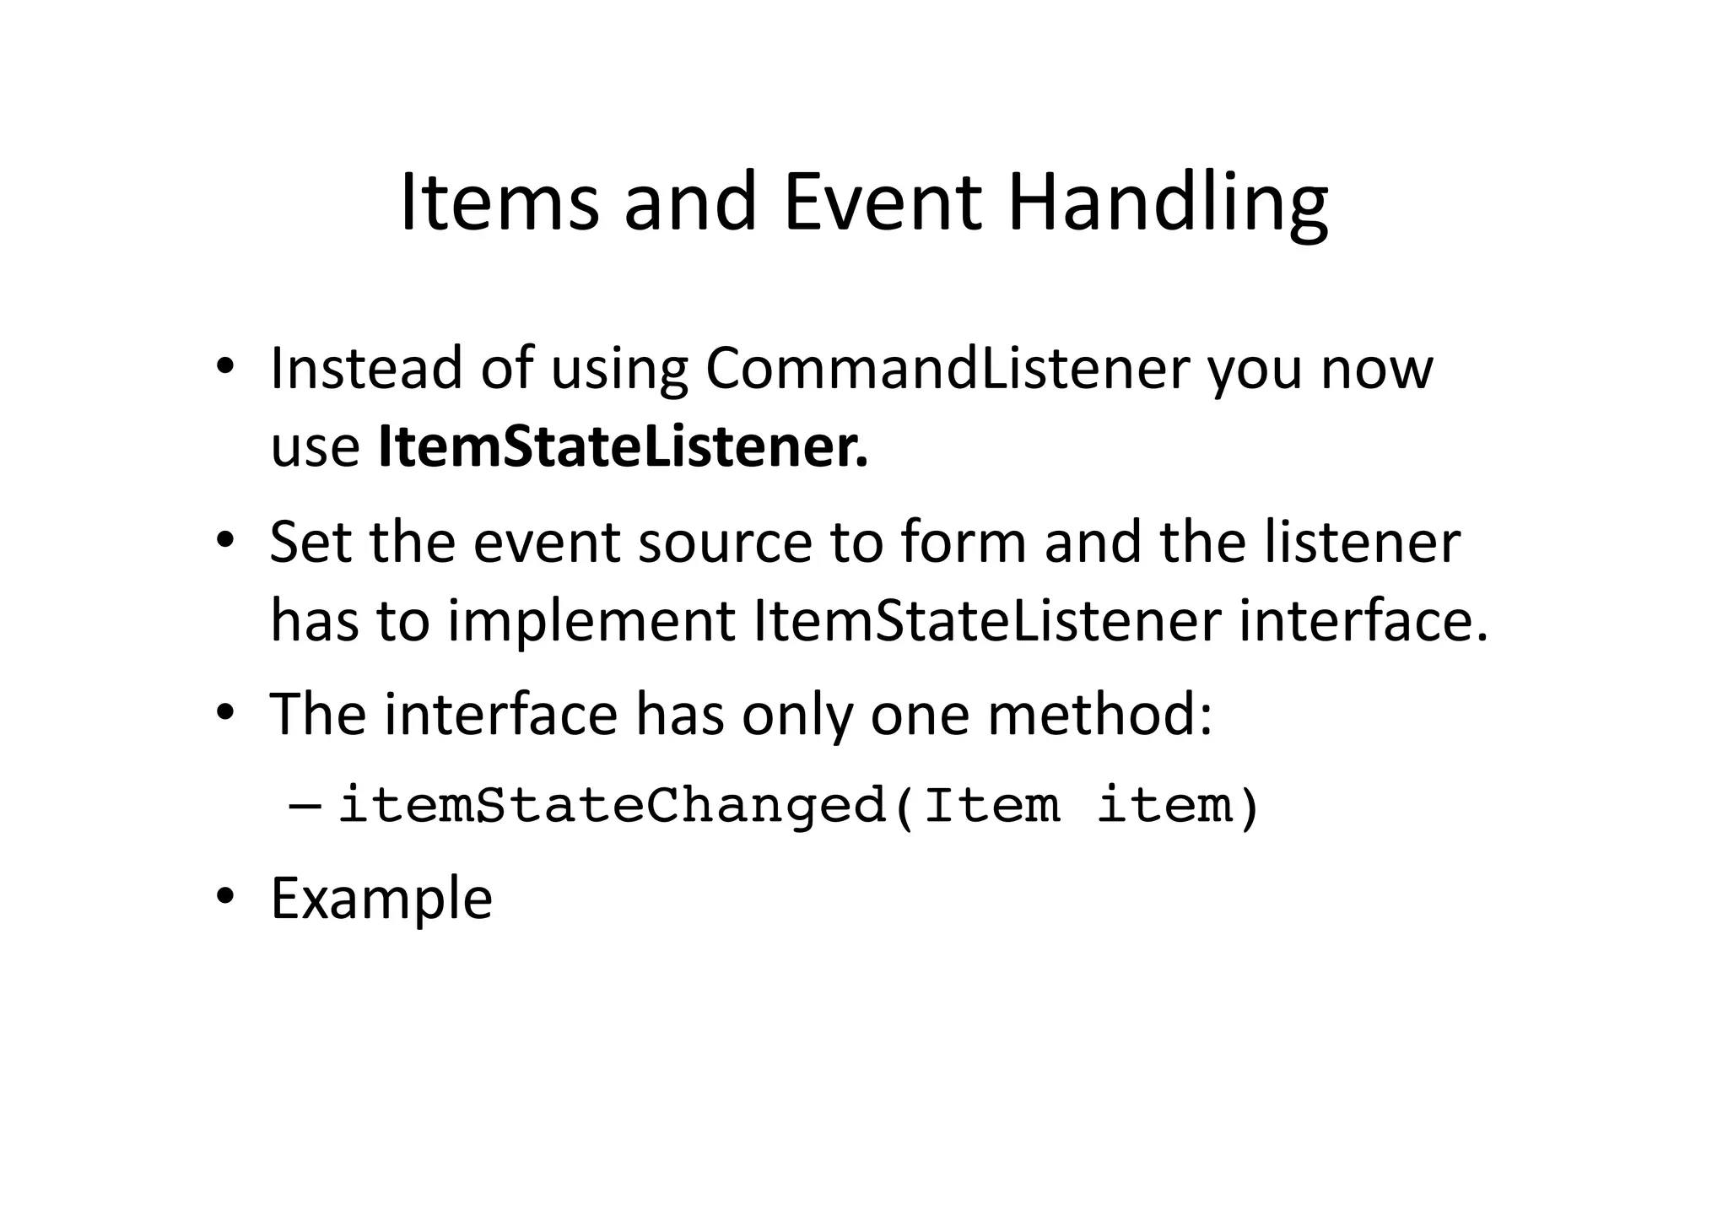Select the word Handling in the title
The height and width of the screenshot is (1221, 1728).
click(1168, 208)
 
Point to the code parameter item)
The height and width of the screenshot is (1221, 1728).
click(1178, 805)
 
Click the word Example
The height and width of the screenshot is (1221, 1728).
click(381, 900)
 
